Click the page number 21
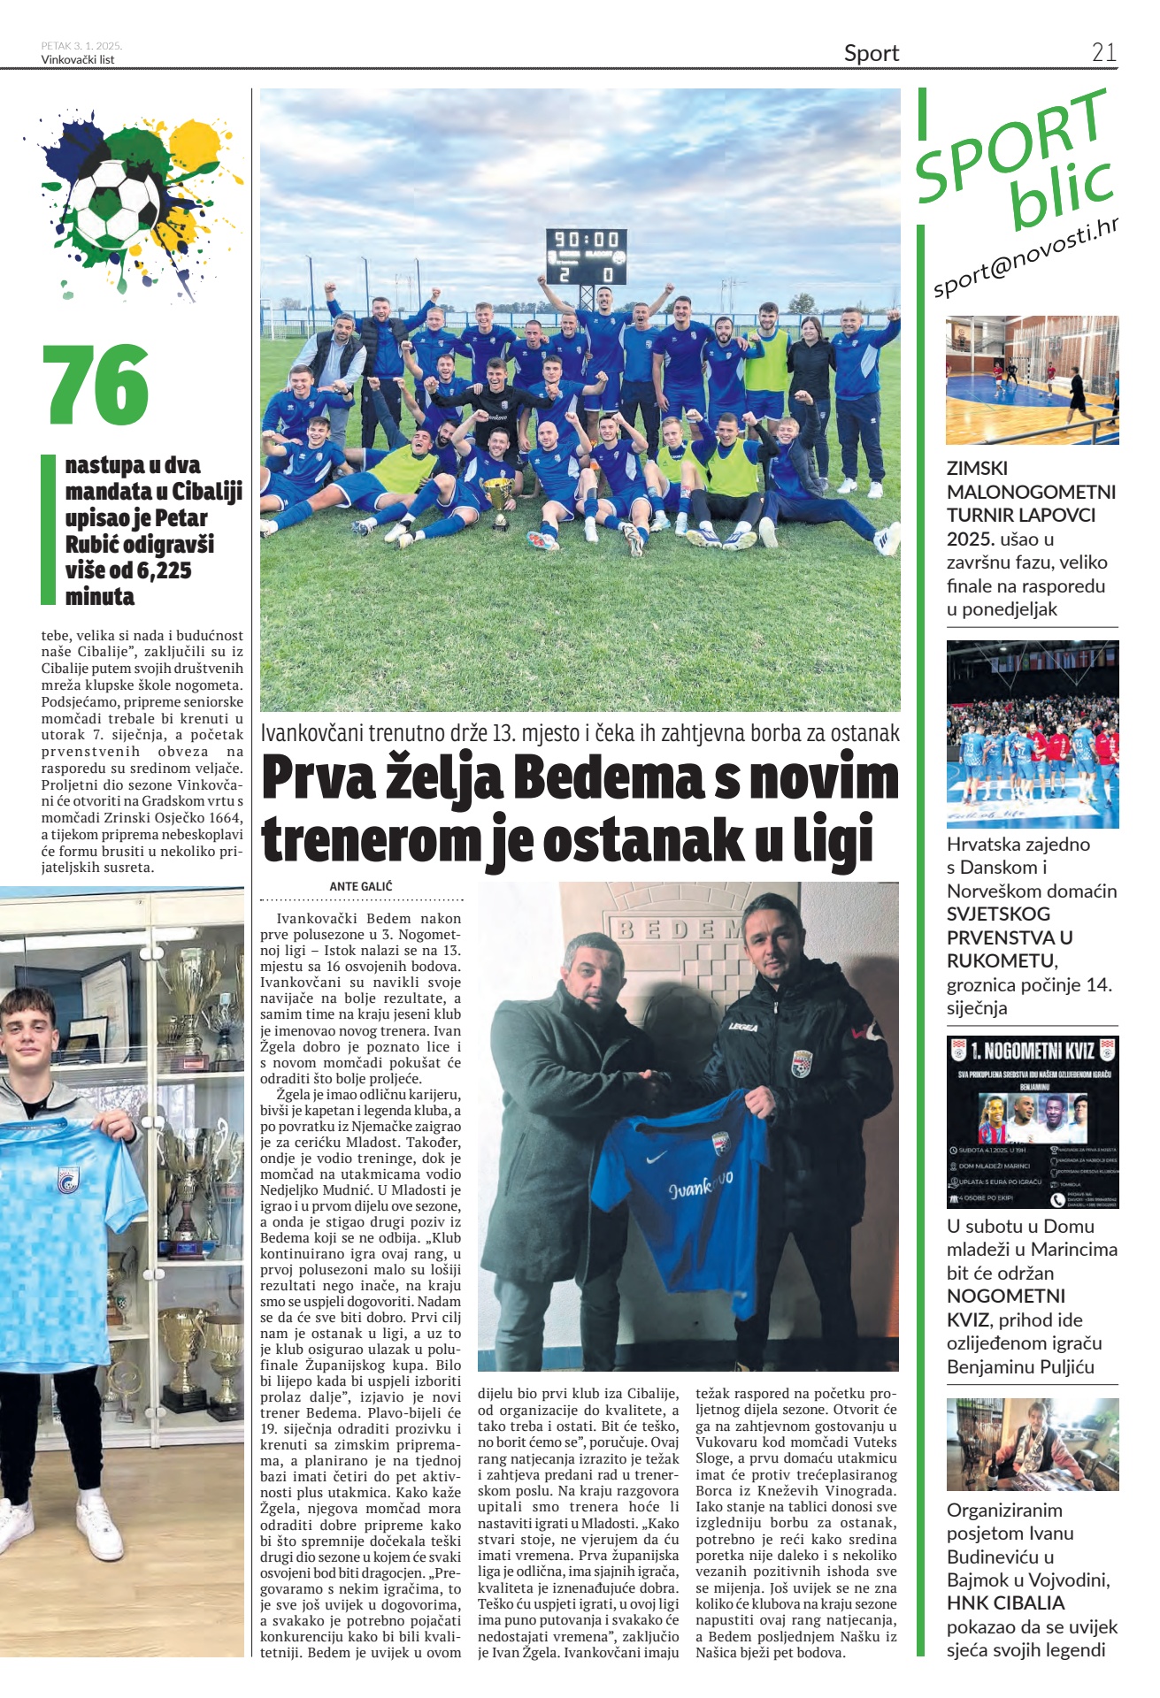(1103, 52)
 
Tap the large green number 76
(96, 385)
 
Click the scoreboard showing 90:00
(587, 256)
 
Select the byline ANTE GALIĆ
(360, 886)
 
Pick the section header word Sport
(871, 53)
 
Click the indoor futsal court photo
(1032, 379)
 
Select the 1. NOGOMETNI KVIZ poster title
(1032, 1051)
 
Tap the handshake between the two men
(656, 1084)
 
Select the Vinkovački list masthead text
(77, 60)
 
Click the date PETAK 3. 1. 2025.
(81, 45)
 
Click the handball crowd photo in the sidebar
(1032, 734)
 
